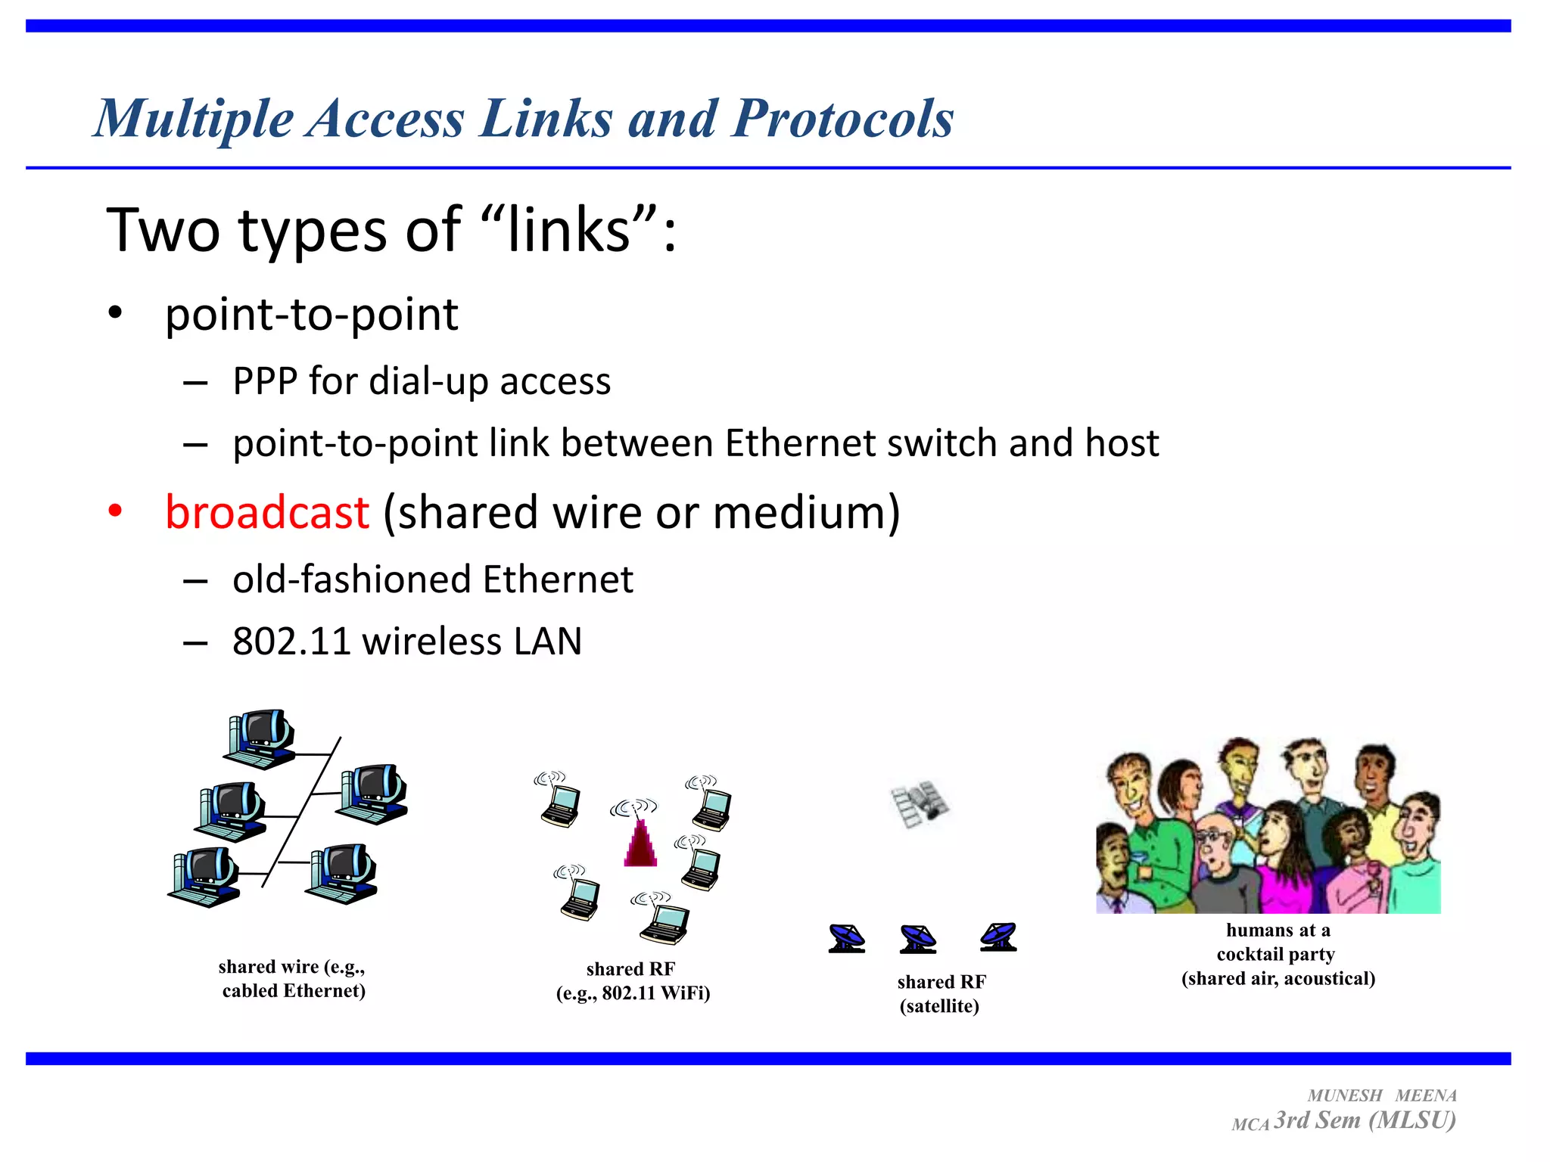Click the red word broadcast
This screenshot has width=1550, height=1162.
coord(267,512)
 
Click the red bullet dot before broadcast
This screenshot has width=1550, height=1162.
coord(115,511)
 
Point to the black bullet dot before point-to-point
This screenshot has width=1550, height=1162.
coord(115,312)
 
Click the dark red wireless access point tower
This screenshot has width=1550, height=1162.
coord(640,844)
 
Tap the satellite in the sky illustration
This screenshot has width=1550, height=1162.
coord(920,804)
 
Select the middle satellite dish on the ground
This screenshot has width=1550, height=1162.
coord(918,938)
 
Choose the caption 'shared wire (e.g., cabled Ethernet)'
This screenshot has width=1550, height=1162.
coord(293,978)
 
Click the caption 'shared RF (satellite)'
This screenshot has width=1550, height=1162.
coord(941,993)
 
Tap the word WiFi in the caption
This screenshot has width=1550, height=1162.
coord(684,993)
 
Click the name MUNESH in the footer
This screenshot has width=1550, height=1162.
coord(1345,1095)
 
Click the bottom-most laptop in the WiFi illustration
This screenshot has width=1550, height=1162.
coord(664,923)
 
